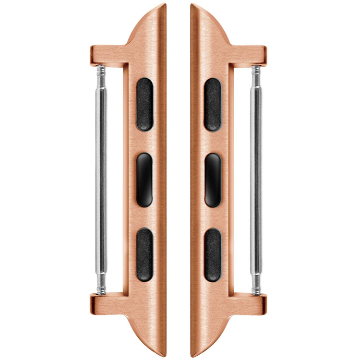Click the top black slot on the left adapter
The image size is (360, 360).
pos(145,105)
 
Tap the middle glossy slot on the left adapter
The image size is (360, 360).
pos(145,180)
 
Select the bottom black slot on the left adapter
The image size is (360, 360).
pos(145,254)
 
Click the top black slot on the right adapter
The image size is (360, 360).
pos(212,105)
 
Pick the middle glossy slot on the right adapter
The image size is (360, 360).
pos(212,180)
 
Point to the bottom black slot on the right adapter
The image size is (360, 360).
pos(212,254)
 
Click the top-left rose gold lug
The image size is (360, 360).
pos(103,55)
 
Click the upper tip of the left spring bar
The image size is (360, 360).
pos(101,69)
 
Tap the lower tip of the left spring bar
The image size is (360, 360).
pos(101,290)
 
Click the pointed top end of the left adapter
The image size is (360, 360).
pos(164,6)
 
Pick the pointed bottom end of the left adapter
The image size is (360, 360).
pos(164,354)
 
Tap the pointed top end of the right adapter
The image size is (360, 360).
pos(192,6)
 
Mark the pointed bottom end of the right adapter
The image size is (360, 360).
pos(192,354)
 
